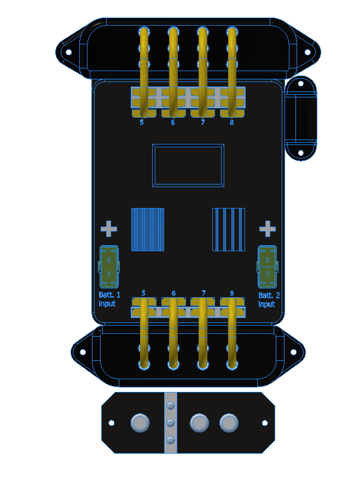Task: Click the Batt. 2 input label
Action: click(x=266, y=299)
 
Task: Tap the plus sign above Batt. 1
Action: click(x=109, y=229)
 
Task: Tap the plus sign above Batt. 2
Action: click(x=267, y=229)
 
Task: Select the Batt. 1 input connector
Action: click(x=109, y=267)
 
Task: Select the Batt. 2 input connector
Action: click(x=267, y=267)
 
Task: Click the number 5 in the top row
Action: click(x=142, y=123)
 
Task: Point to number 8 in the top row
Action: click(x=231, y=123)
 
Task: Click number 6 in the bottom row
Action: click(x=173, y=293)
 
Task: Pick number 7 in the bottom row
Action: click(x=204, y=293)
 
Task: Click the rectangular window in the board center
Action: click(x=188, y=165)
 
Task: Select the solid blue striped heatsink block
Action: click(x=148, y=229)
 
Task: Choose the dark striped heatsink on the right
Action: click(x=229, y=229)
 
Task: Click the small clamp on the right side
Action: click(x=301, y=118)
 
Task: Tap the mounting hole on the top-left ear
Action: click(x=69, y=53)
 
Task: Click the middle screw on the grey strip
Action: click(x=171, y=423)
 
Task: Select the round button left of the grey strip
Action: click(x=140, y=423)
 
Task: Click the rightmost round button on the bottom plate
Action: click(x=229, y=423)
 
